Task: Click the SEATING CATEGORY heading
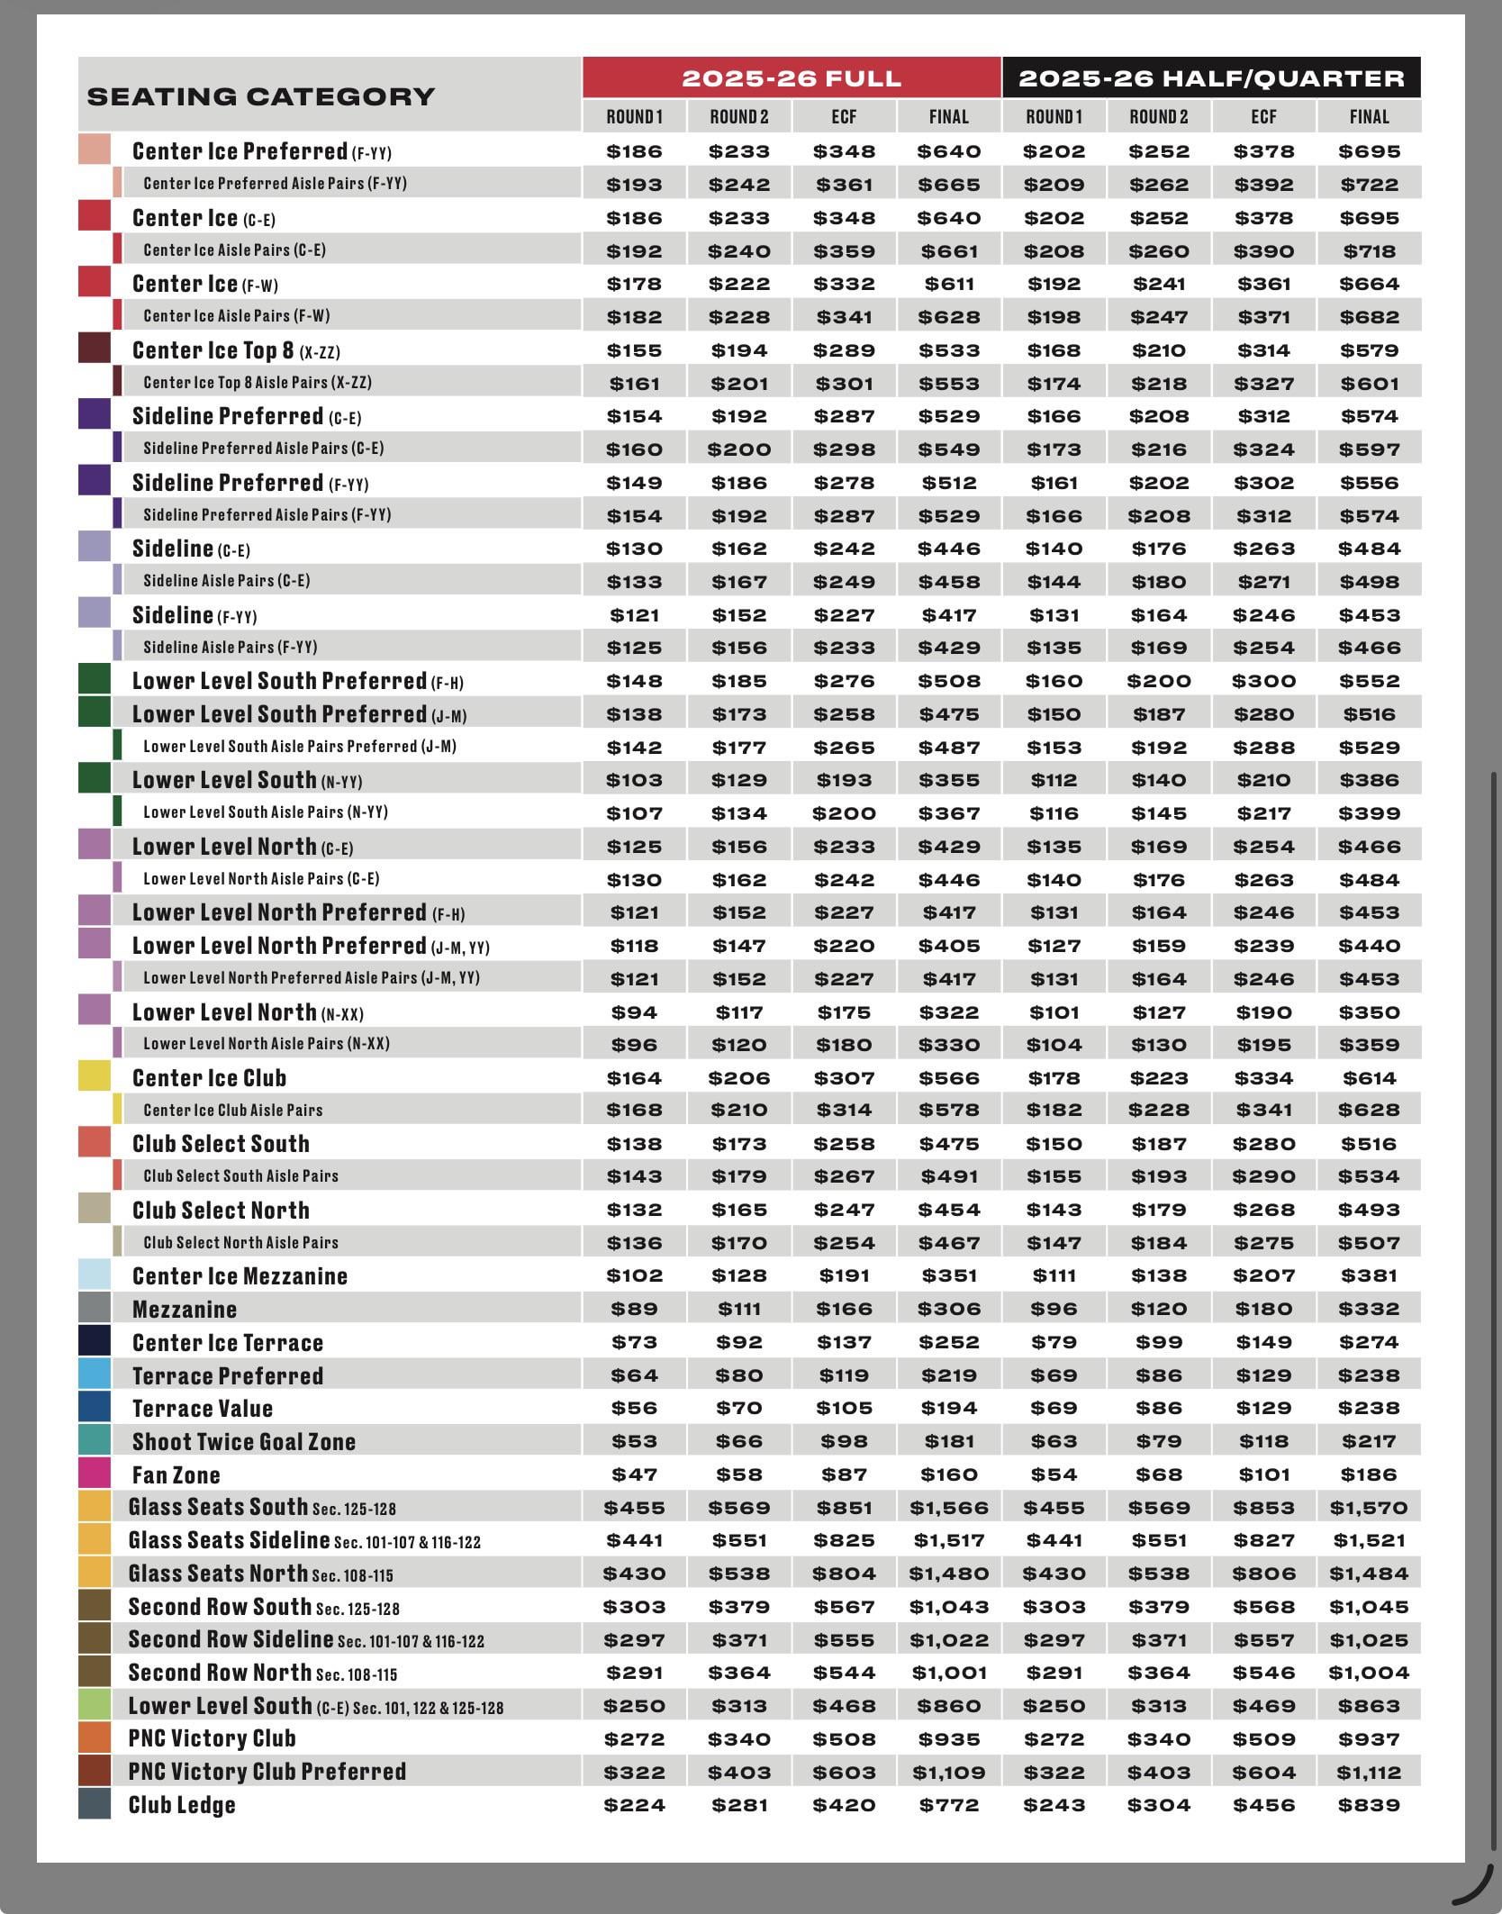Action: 260,96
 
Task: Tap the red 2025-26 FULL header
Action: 792,78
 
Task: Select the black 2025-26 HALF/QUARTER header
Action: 1211,78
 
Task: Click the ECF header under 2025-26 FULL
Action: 844,116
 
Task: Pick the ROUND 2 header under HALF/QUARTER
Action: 1159,116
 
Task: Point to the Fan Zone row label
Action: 176,1474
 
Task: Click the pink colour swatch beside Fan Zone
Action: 95,1474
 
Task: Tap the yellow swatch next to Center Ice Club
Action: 95,1076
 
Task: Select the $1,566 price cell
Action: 949,1508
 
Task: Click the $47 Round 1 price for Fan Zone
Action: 635,1474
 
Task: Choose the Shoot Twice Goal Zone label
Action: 243,1441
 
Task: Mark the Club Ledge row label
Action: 182,1805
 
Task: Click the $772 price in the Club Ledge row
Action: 949,1805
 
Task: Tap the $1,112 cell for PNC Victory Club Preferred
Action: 1369,1773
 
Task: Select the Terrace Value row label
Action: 202,1408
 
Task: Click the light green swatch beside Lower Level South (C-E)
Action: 95,1705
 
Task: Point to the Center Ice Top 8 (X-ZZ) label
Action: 236,349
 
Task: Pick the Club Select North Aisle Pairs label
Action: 240,1242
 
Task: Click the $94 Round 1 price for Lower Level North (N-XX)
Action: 635,1011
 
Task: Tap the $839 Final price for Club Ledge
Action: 1369,1805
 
